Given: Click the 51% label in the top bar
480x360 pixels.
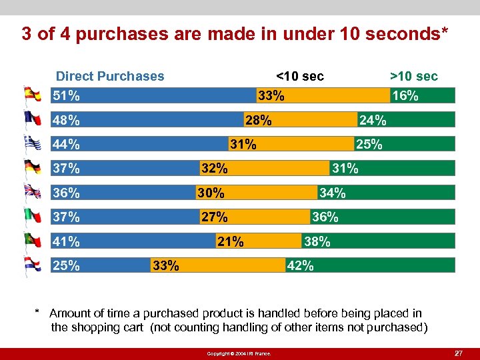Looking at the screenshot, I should click(x=66, y=95).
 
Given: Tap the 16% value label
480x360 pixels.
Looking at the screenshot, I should click(x=405, y=95).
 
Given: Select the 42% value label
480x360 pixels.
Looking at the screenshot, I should click(x=300, y=265).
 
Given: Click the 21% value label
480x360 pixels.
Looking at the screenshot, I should click(x=230, y=241).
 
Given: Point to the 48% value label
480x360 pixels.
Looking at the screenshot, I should click(x=66, y=120).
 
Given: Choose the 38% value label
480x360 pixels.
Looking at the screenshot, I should click(x=317, y=241).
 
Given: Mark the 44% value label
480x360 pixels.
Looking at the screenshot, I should click(x=66, y=144).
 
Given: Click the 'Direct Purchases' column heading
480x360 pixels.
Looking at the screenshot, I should click(x=110, y=76).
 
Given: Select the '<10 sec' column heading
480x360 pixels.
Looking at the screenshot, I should click(x=299, y=76).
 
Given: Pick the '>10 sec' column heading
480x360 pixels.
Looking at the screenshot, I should click(x=413, y=76).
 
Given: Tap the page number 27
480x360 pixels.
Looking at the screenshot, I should click(x=458, y=352).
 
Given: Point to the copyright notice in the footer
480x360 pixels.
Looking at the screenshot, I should click(x=239, y=353).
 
